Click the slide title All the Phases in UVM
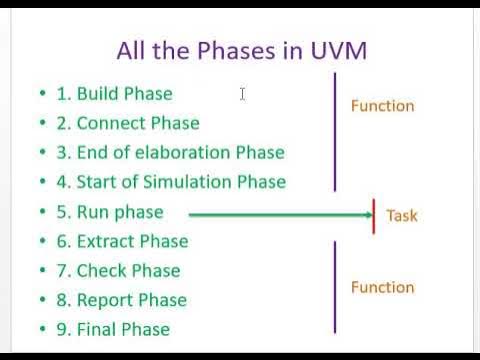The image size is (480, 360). point(241,50)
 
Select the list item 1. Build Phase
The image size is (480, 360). point(114,94)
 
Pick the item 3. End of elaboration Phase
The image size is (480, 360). point(170,152)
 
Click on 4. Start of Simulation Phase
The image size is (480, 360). point(171,182)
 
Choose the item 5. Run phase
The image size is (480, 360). point(109,212)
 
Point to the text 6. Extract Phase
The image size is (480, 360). point(122,241)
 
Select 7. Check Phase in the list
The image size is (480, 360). point(118,271)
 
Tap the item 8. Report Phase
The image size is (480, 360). point(121,300)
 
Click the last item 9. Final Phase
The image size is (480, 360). point(113,329)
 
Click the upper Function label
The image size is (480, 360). point(382,106)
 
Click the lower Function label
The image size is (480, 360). point(382,288)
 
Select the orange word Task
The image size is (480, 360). point(401,215)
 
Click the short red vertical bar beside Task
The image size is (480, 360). point(374,215)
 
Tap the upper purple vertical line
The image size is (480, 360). point(335,130)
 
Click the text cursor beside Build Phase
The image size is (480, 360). point(242,94)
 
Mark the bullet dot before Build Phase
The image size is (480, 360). point(43,94)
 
